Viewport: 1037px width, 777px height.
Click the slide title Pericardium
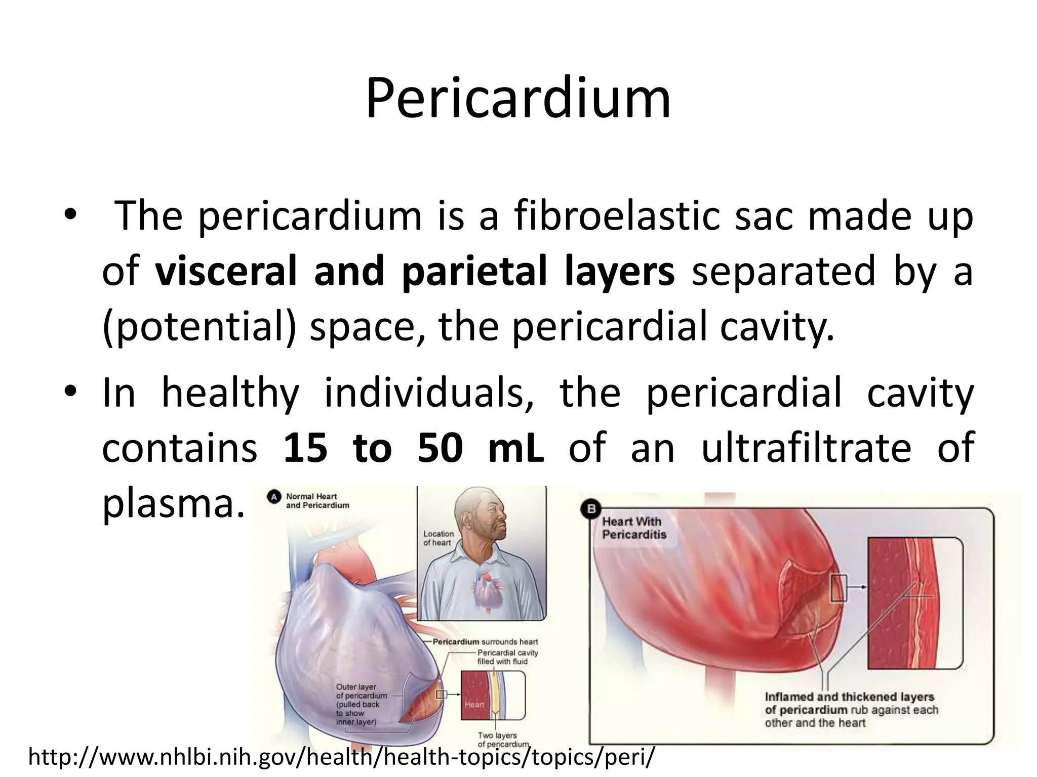pos(518,99)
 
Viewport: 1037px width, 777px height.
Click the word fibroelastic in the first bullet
pos(616,217)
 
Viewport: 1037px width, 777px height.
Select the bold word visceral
pos(226,271)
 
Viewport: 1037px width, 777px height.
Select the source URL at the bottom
pos(341,757)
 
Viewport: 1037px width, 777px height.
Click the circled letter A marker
pos(274,497)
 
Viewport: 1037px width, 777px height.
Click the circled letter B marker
pos(591,509)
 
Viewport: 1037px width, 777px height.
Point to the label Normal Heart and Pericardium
pos(317,501)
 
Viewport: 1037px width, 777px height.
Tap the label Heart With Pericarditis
pos(634,528)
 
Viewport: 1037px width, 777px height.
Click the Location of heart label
pos(438,538)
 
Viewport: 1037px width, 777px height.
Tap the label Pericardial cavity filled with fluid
pos(507,657)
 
